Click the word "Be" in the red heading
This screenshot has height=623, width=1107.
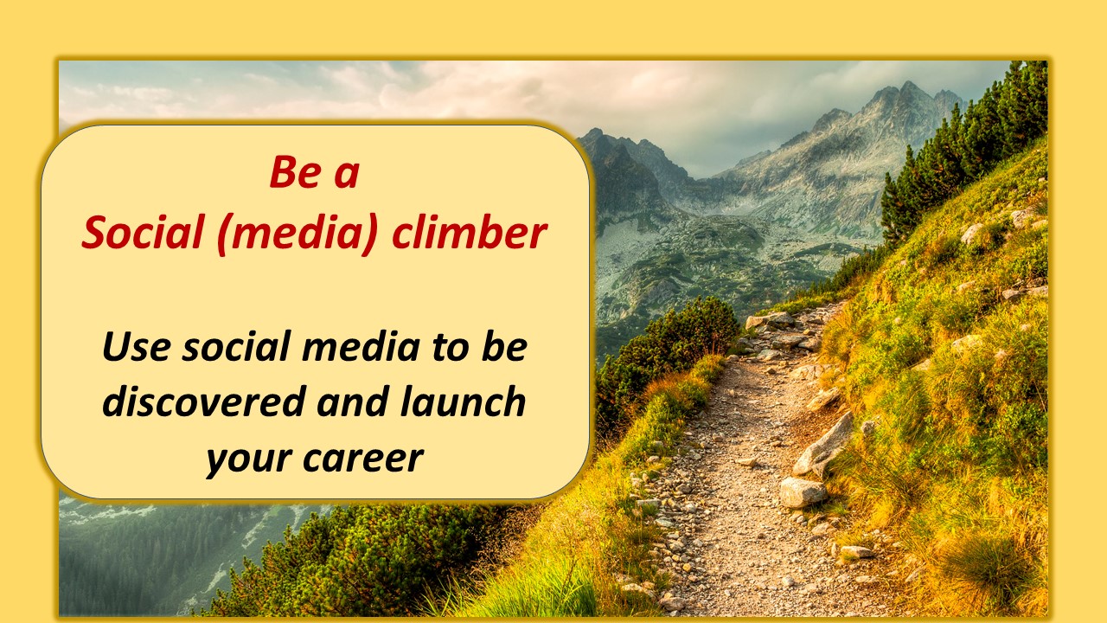point(296,172)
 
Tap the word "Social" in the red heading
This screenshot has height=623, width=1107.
point(144,233)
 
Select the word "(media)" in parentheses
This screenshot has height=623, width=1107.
point(298,234)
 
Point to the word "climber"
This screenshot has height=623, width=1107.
point(470,232)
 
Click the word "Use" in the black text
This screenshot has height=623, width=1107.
point(137,347)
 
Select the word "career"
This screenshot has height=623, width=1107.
point(363,459)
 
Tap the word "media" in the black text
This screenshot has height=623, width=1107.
point(361,345)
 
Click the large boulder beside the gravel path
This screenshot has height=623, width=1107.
point(803,492)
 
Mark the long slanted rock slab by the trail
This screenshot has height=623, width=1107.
point(824,445)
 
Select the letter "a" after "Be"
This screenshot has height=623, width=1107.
point(347,176)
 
